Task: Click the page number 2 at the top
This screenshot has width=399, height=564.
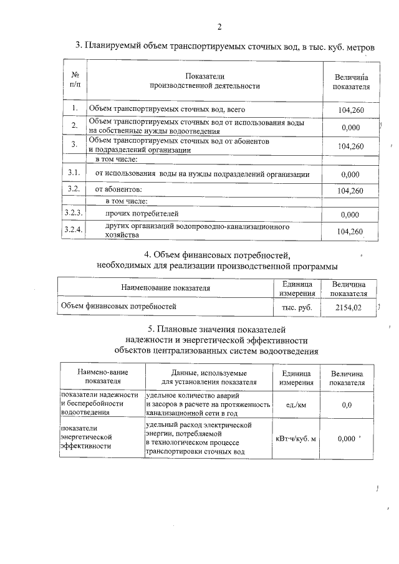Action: pos(219,26)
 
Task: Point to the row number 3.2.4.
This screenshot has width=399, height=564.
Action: pos(74,231)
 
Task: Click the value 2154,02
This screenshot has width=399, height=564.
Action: pos(349,307)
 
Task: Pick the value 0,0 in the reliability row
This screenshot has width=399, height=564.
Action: pos(347,405)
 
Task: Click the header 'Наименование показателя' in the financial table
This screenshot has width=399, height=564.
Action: pos(165,288)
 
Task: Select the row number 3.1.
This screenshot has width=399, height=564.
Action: pos(74,173)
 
